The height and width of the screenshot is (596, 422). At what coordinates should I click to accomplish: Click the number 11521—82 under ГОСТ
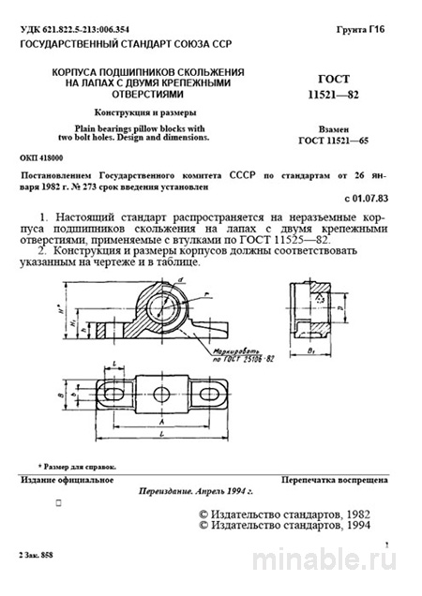[x=343, y=97]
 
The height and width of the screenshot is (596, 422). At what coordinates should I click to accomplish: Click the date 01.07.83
[x=372, y=200]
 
